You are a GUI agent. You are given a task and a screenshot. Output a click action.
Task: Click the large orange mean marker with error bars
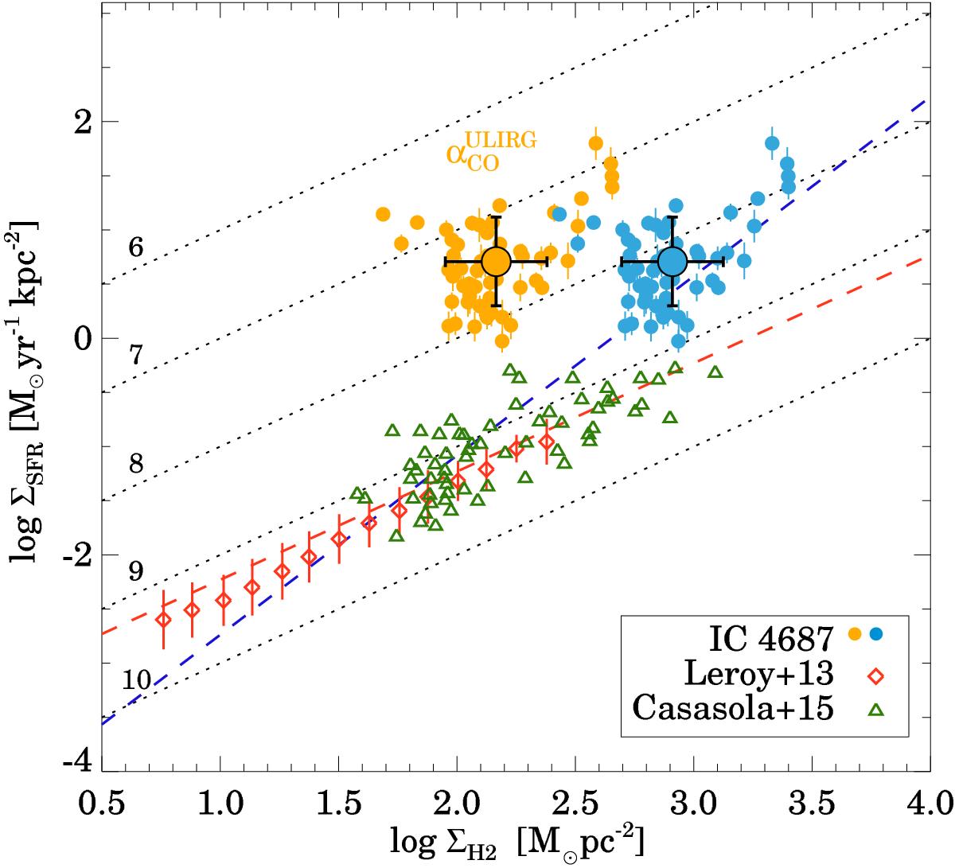[496, 261]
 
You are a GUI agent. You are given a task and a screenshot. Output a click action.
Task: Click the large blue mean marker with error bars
[672, 261]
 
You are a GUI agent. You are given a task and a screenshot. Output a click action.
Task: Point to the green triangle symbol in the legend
[876, 709]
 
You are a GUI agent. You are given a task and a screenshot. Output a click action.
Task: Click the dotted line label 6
[136, 248]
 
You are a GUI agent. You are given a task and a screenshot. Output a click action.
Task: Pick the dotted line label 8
[136, 464]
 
